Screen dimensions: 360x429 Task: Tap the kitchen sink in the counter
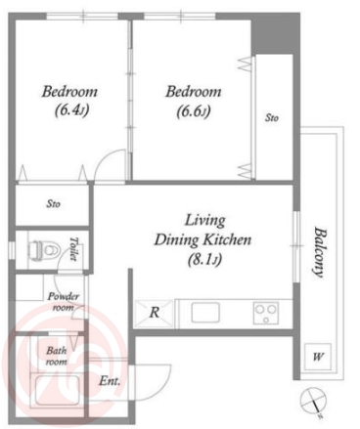[x=205, y=313]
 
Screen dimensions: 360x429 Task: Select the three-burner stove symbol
[x=266, y=313]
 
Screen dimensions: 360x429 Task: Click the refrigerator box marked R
[x=154, y=313]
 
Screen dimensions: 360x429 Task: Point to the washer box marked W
[x=317, y=357]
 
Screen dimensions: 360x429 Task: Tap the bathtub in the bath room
[x=58, y=390]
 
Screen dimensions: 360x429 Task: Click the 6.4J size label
[x=71, y=110]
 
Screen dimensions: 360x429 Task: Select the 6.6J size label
[x=194, y=111]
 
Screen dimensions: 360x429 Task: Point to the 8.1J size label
[x=204, y=260]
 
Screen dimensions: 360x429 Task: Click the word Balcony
[x=320, y=252]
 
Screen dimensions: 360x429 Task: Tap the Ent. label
[x=110, y=381]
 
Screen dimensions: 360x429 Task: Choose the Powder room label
[x=64, y=302]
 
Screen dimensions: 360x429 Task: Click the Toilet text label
[x=74, y=249]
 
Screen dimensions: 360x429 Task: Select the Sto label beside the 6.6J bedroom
[x=272, y=117]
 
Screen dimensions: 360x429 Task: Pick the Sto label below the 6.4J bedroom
[x=53, y=204]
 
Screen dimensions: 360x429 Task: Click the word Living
[x=205, y=221]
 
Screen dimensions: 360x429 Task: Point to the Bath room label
[x=57, y=356]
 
